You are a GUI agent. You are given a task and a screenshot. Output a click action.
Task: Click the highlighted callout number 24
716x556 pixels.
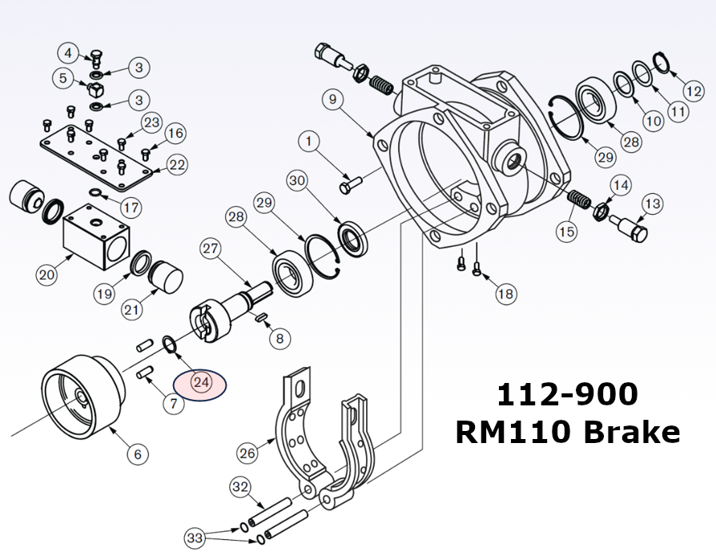201,383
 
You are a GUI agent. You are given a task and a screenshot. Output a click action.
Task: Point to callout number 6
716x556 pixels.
137,454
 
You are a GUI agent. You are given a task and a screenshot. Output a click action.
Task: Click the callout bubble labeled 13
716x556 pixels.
652,204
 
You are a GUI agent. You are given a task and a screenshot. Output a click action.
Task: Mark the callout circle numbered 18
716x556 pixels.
505,294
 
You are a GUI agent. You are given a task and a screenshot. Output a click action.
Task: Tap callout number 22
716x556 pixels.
177,165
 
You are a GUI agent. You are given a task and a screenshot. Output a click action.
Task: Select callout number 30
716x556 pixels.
298,181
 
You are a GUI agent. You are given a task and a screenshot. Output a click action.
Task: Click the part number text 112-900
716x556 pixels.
567,394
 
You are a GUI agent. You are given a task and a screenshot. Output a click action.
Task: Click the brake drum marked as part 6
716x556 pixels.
80,392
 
